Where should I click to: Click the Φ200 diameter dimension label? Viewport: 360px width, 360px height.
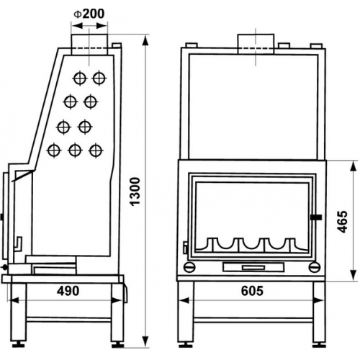coord(89,14)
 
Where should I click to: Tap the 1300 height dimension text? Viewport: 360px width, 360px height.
coord(135,192)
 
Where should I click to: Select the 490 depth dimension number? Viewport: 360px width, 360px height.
coord(68,291)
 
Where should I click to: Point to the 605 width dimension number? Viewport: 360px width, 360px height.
coord(252,291)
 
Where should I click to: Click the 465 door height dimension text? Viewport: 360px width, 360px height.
coord(342,222)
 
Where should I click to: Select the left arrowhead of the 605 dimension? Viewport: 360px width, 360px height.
coord(184,300)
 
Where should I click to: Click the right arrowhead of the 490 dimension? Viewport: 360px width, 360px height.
coord(117,300)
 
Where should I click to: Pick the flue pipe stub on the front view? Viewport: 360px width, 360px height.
coord(256,44)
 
